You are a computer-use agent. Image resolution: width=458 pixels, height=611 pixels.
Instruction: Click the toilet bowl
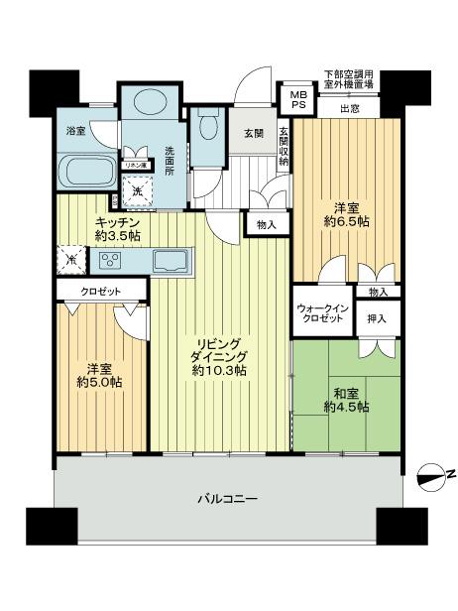208,126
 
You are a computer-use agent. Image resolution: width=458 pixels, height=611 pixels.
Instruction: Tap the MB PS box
297,101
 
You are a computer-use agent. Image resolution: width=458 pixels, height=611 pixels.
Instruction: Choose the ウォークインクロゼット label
321,312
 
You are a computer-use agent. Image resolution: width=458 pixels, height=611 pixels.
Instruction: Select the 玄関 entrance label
253,134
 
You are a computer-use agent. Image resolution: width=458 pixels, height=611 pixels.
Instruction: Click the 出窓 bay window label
349,108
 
